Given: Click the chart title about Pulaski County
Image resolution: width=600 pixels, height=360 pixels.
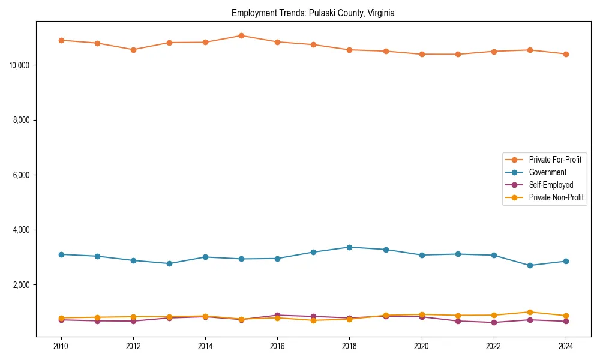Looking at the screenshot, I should point(313,13).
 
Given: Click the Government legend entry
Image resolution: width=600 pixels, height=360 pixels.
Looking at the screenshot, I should point(547,172).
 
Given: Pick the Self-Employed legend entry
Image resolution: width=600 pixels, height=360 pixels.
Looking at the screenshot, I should point(551,185).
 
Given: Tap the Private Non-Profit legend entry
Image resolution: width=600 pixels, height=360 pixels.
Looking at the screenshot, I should point(556,197).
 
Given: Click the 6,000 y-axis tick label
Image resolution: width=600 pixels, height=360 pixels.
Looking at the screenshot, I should point(22,175).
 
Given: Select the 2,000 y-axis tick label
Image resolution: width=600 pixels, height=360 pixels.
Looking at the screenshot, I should point(22,285).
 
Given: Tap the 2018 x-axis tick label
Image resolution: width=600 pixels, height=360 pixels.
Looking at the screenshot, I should point(349,346).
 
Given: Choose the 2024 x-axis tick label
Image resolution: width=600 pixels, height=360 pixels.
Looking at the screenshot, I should point(565,346).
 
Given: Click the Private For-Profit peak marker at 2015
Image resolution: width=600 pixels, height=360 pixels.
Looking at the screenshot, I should point(241,35).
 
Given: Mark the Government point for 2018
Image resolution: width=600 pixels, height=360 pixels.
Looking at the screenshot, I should point(349,247).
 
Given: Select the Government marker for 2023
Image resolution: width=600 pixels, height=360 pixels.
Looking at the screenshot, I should point(529,265).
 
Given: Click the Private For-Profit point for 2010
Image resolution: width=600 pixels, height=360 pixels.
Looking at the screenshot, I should point(61,40).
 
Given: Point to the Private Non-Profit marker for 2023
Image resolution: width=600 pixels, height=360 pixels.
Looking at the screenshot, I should point(529,312).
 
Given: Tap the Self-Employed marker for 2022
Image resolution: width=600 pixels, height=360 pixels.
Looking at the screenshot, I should point(493,322).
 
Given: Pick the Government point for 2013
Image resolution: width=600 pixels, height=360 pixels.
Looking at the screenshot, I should point(169,263).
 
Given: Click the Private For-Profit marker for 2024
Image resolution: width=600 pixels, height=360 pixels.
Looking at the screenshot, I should point(565,54).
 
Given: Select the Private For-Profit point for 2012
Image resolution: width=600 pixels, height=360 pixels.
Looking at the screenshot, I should point(133,50).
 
